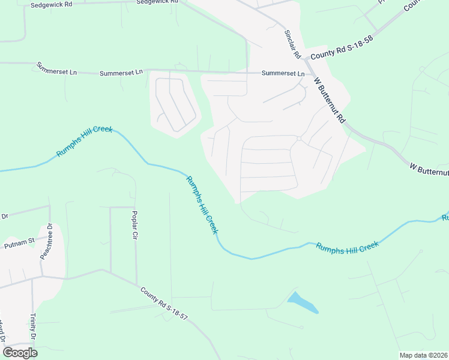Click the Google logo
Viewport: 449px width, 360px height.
pyautogui.click(x=20, y=352)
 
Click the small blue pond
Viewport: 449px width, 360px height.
pyautogui.click(x=303, y=303)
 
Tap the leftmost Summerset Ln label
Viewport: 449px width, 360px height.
pyautogui.click(x=57, y=68)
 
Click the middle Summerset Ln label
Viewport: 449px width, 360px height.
pyautogui.click(x=121, y=72)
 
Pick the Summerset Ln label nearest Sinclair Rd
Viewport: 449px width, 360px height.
pyautogui.click(x=283, y=73)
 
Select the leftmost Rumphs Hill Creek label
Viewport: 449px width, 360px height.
pyautogui.click(x=85, y=142)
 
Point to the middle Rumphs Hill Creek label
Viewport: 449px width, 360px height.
pyautogui.click(x=202, y=205)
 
